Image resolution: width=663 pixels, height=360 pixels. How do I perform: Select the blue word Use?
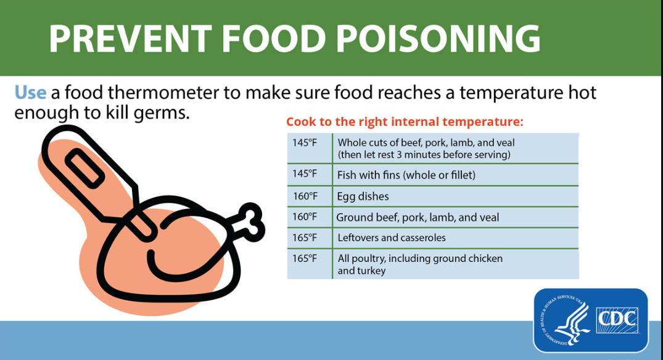point(30,92)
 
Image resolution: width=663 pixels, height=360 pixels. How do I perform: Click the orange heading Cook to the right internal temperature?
point(405,121)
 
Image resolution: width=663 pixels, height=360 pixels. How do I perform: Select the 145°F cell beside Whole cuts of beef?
point(305,143)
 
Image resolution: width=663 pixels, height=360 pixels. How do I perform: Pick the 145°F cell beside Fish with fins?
point(305,174)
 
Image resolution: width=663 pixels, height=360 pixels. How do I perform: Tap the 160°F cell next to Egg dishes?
point(305,196)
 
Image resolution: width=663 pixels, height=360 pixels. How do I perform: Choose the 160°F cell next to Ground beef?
point(305,216)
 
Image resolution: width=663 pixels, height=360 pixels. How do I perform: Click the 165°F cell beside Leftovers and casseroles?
point(305,237)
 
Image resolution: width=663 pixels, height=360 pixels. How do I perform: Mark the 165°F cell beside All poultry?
point(305,258)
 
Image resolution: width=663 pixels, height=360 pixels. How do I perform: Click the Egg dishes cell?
point(363,197)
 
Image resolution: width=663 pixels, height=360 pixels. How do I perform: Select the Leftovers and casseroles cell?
point(391,237)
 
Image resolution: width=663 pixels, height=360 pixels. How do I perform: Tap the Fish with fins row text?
point(406,175)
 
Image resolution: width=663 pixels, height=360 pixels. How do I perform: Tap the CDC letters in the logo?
point(617,320)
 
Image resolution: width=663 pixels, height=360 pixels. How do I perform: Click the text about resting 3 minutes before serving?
point(424,155)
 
